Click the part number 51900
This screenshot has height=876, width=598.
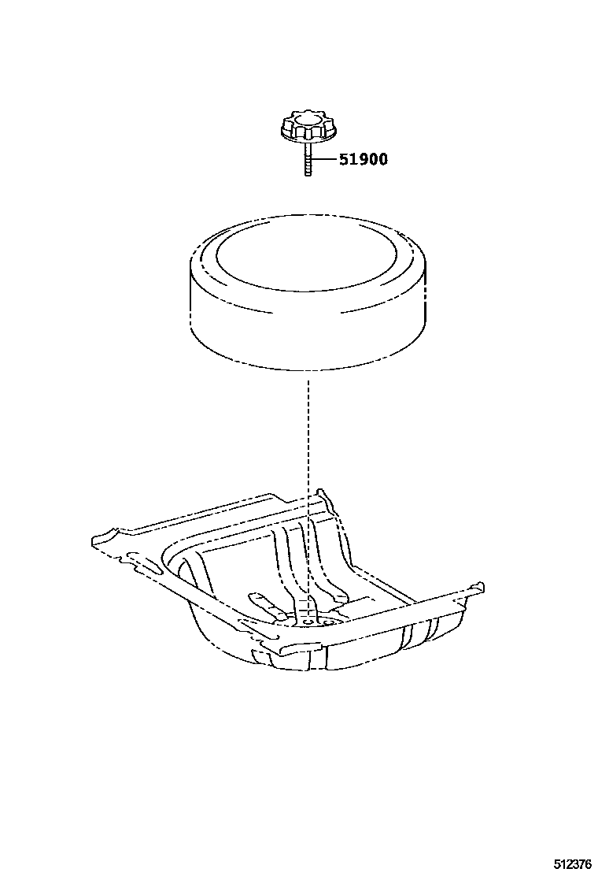tap(364, 159)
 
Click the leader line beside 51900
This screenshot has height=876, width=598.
tap(324, 160)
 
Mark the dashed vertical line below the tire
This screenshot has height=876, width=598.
tap(308, 492)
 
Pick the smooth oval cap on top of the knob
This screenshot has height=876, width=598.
tap(308, 117)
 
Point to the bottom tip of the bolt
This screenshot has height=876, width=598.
tap(308, 176)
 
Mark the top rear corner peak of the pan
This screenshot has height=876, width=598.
tap(321, 492)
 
